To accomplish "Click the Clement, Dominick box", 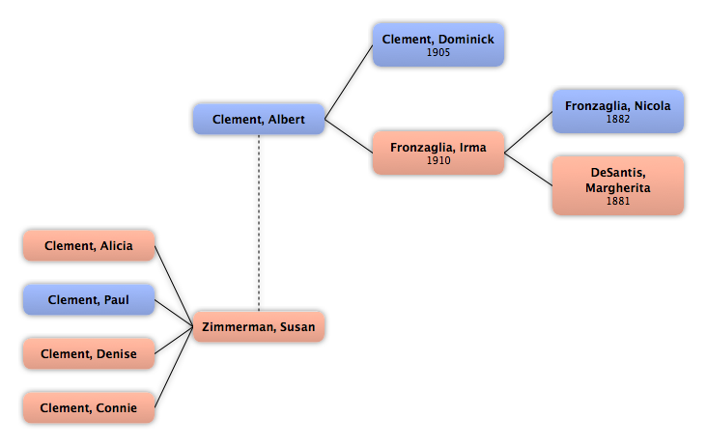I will (438, 44).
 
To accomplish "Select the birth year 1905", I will (438, 53).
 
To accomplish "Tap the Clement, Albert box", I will (259, 120).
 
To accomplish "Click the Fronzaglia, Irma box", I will (438, 153).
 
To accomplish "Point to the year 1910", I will (438, 161).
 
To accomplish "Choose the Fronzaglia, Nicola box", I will (618, 111).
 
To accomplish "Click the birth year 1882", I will (618, 120).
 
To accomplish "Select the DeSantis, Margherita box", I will (618, 185).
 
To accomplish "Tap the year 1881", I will (618, 202).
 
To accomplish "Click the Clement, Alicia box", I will (89, 246).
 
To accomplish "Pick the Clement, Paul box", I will (89, 300).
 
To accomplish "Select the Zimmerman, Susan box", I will (259, 327).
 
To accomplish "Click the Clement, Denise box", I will (89, 354).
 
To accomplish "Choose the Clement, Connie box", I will (89, 408).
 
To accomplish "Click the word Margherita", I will (618, 187).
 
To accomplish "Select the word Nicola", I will (652, 106).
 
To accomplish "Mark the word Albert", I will (286, 120).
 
